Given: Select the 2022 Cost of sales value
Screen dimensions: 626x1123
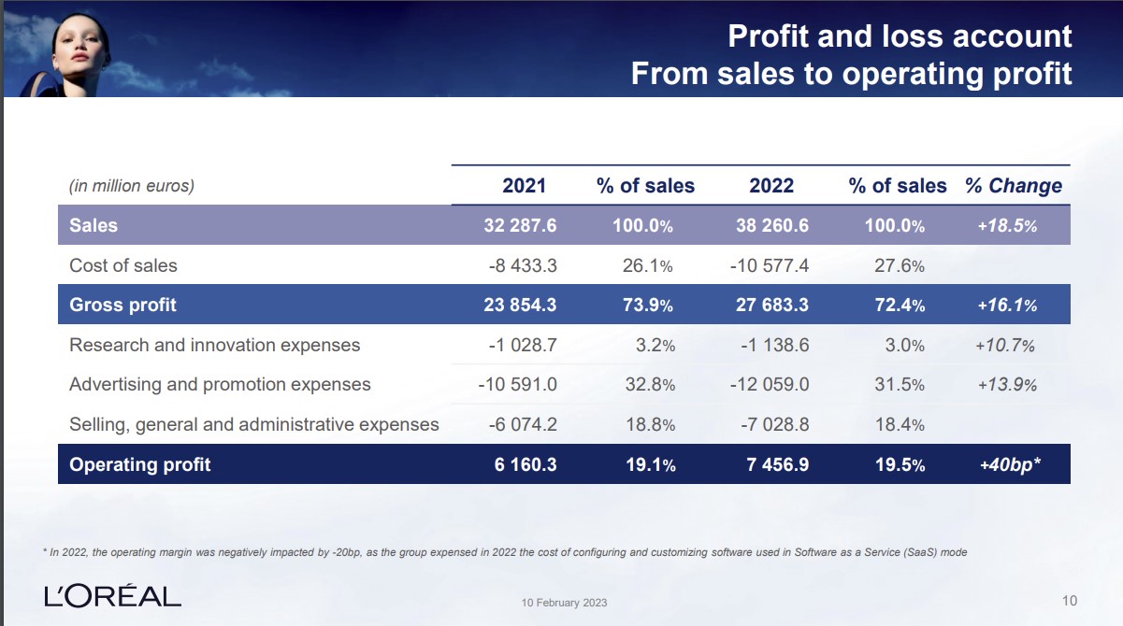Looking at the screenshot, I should tap(770, 265).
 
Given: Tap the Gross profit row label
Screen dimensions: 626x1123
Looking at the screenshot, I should tap(122, 305).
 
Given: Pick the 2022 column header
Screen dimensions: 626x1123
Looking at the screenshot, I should tap(771, 185).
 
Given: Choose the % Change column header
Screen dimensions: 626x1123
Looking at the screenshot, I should tap(1014, 185).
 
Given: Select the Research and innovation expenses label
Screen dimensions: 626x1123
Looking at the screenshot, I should tap(214, 345).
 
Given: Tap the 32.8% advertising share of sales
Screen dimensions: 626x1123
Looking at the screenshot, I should tap(649, 384).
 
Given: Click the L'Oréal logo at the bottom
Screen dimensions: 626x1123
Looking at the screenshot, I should tap(112, 595).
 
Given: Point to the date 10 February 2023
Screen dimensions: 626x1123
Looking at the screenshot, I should tap(564, 603).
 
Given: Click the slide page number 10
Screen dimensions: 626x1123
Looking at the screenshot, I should tap(1071, 599).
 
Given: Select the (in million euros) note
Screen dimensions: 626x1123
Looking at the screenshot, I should tap(132, 186).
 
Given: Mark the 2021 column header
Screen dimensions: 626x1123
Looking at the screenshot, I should tap(524, 185).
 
